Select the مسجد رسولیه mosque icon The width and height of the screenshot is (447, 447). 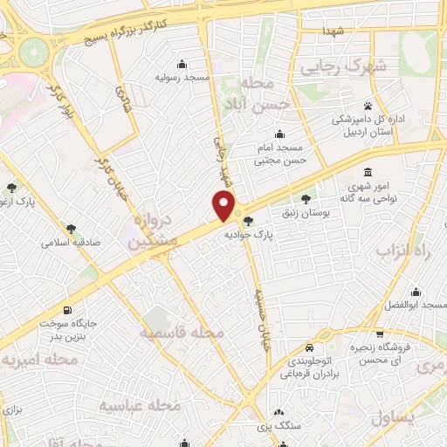point(181,64)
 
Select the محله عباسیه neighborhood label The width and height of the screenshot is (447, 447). point(139,405)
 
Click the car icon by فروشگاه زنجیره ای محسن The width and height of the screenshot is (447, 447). point(381,334)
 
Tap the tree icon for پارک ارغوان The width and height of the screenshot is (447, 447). point(11,188)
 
